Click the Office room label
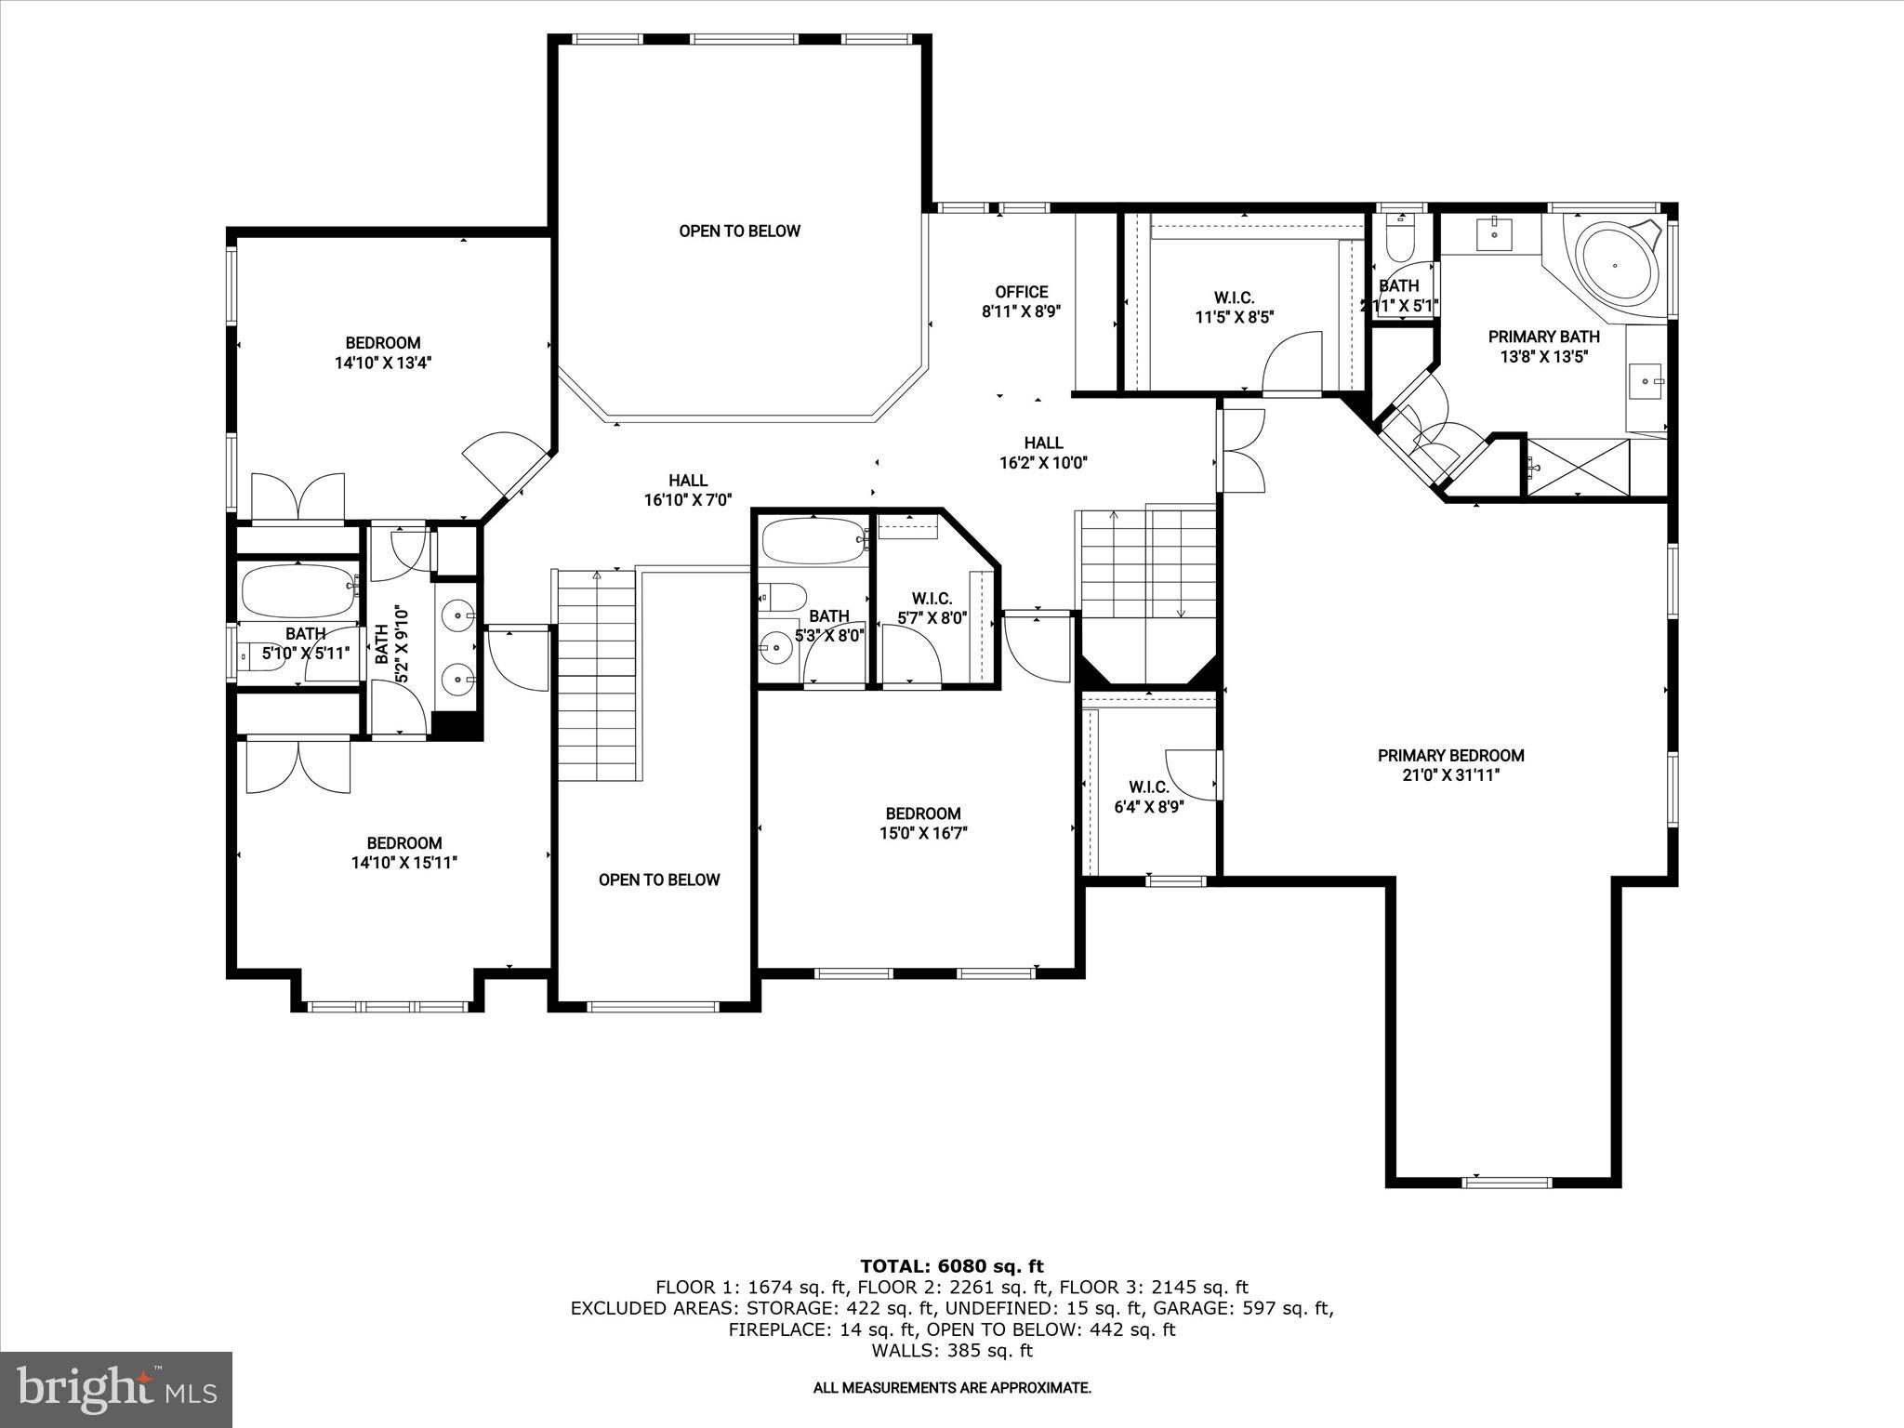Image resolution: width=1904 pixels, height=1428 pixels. (1021, 292)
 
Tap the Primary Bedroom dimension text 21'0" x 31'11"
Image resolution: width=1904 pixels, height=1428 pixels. (1450, 774)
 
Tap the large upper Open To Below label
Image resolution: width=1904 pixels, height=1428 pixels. (739, 231)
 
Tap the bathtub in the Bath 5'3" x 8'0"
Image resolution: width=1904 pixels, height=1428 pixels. (813, 541)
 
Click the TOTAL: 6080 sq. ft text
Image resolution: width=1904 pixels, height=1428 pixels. (951, 1265)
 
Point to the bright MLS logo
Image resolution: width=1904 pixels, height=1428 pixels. (116, 1389)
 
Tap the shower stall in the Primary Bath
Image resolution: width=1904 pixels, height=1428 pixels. (1579, 467)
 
